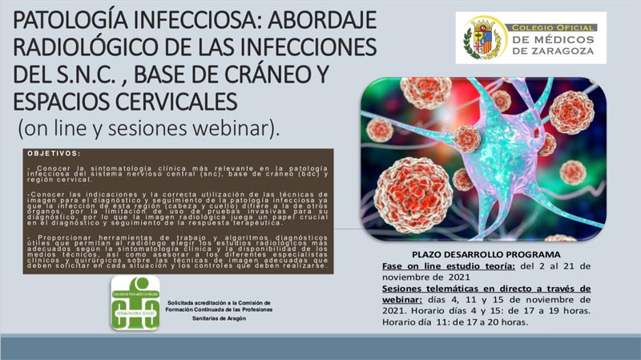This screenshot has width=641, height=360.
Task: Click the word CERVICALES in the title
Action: coord(171,103)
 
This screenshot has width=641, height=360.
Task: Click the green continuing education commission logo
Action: coord(135,302)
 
